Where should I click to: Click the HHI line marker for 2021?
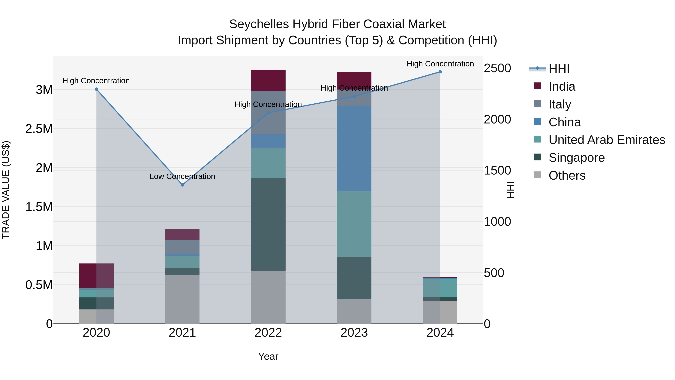click(182, 185)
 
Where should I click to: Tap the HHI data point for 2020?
click(96, 89)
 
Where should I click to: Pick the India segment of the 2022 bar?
click(268, 80)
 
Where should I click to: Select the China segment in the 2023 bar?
click(354, 148)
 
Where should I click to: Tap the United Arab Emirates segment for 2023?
click(354, 224)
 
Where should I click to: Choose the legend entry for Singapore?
click(577, 158)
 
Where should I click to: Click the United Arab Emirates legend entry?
click(607, 140)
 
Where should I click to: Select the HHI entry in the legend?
click(559, 69)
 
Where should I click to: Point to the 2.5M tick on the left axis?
click(39, 129)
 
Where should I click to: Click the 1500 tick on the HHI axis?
click(497, 170)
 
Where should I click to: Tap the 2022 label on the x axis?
click(268, 333)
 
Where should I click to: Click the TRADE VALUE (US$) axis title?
click(6, 190)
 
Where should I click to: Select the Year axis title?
click(268, 356)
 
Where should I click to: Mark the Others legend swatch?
click(537, 175)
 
